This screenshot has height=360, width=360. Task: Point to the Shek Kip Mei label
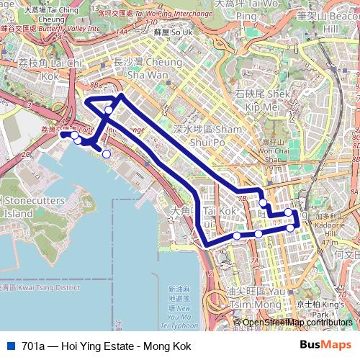click(264, 100)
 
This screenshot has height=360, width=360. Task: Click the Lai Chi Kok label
click(40, 69)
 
